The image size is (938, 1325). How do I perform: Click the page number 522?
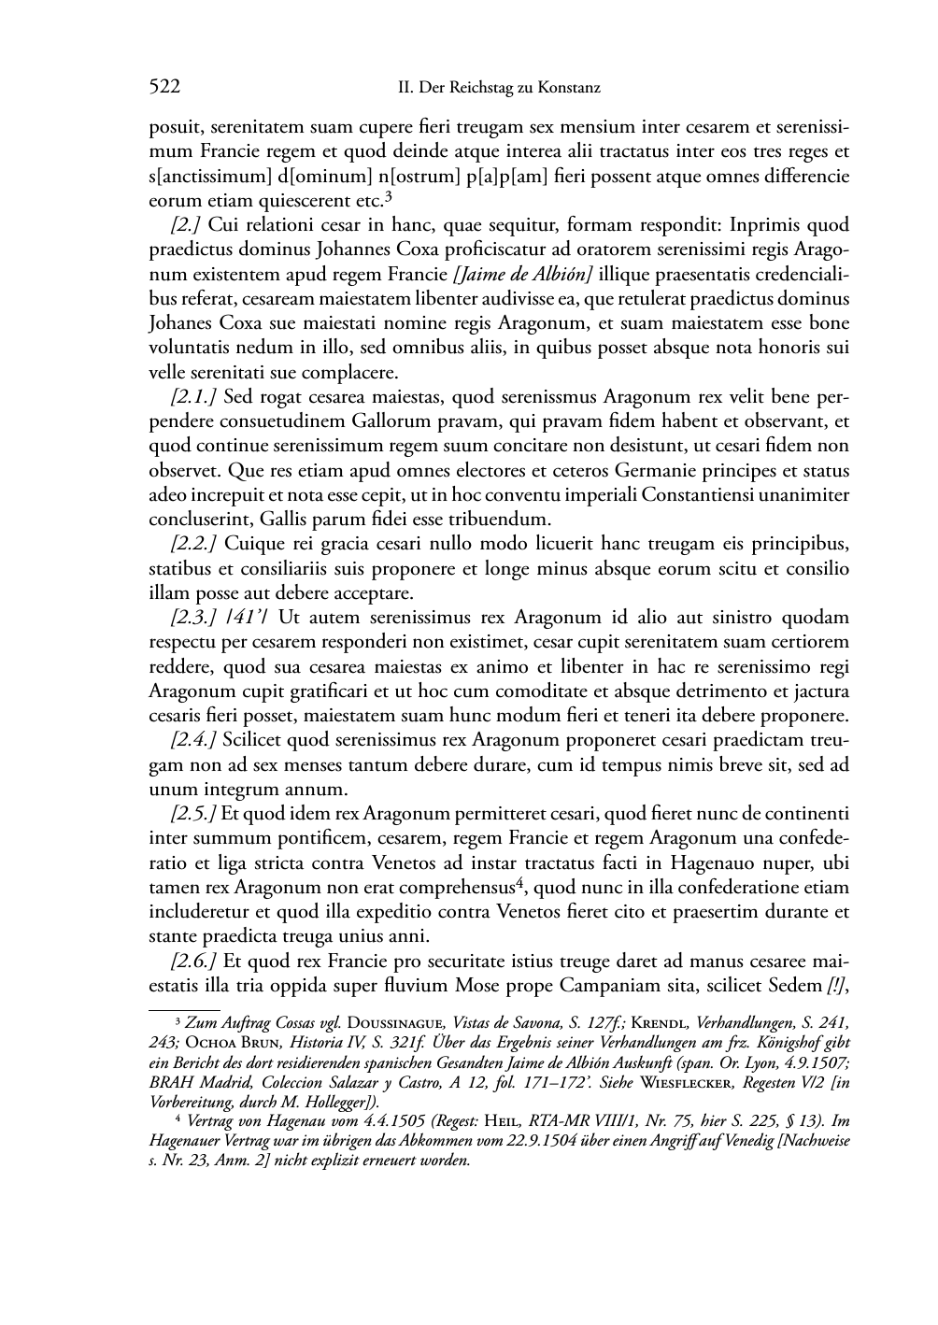(164, 88)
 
